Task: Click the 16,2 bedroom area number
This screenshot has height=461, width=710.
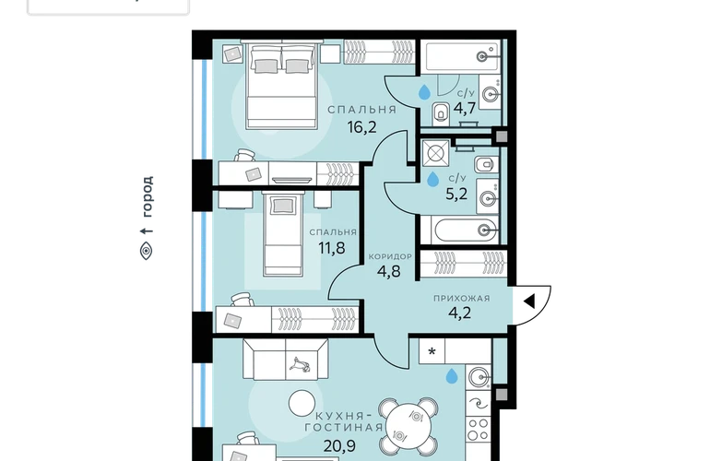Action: pos(361,127)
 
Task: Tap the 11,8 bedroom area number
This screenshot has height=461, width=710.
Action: pos(331,248)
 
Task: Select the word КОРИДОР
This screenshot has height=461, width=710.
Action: pos(390,256)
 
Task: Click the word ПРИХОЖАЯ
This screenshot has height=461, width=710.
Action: pos(461,299)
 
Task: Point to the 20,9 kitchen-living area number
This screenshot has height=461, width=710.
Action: pos(339,446)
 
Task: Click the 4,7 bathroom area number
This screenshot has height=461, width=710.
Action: pos(465,109)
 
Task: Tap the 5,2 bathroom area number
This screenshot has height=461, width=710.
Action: pos(456,195)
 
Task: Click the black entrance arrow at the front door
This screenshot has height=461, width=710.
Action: pos(529,301)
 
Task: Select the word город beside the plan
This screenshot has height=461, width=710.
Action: pos(148,196)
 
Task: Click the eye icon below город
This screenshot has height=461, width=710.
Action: pos(146,251)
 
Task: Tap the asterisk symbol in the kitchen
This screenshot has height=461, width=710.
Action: pos(432,352)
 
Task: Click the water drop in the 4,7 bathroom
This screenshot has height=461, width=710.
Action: pos(424,91)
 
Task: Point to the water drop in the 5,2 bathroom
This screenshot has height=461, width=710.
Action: pos(432,179)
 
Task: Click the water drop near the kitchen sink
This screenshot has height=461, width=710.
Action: pos(452,376)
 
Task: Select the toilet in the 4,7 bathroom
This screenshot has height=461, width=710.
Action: pos(441,114)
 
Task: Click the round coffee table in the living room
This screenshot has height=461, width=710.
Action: pos(302,404)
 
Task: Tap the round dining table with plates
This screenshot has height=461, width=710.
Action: pos(408,426)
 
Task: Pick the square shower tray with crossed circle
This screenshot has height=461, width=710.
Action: pos(435,154)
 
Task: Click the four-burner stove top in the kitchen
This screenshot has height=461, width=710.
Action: pos(479,430)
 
